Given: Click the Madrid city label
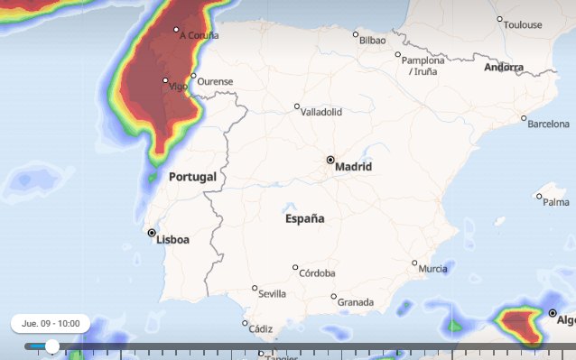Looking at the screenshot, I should pyautogui.click(x=353, y=167).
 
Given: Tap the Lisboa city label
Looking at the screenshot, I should pyautogui.click(x=172, y=240).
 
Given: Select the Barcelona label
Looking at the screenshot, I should pyautogui.click(x=548, y=124).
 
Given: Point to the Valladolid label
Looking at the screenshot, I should pyautogui.click(x=322, y=113).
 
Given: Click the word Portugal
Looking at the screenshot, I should pyautogui.click(x=192, y=177).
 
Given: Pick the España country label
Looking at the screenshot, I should pyautogui.click(x=304, y=218).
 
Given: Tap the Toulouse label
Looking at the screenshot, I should pyautogui.click(x=523, y=25).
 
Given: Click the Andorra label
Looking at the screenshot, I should pyautogui.click(x=503, y=68).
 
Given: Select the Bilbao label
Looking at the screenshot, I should pyautogui.click(x=372, y=41).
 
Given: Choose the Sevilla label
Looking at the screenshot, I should pyautogui.click(x=272, y=294).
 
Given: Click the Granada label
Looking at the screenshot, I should pyautogui.click(x=355, y=302).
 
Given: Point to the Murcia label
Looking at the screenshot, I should pyautogui.click(x=433, y=269).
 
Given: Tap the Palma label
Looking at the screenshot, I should pyautogui.click(x=556, y=202).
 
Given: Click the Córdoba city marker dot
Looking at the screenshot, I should pyautogui.click(x=295, y=267).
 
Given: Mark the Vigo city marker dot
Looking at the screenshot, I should pyautogui.click(x=165, y=80).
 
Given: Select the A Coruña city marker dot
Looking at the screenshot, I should pyautogui.click(x=176, y=30).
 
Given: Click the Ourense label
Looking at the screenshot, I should pyautogui.click(x=215, y=81).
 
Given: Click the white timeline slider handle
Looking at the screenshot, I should pyautogui.click(x=52, y=346).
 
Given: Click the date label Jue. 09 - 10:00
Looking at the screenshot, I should pyautogui.click(x=51, y=323).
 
